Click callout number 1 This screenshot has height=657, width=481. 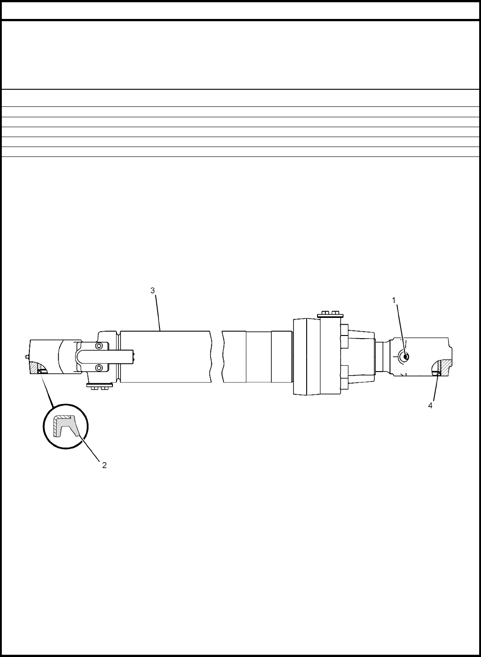coord(394,300)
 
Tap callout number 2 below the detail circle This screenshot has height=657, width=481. coord(104,465)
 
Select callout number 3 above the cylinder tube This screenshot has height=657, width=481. coord(153,290)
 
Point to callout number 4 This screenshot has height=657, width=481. coord(430,406)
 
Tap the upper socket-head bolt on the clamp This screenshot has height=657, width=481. coord(99,346)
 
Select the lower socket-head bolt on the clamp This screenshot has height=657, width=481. coord(99,368)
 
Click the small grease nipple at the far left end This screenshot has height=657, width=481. coord(27,357)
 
